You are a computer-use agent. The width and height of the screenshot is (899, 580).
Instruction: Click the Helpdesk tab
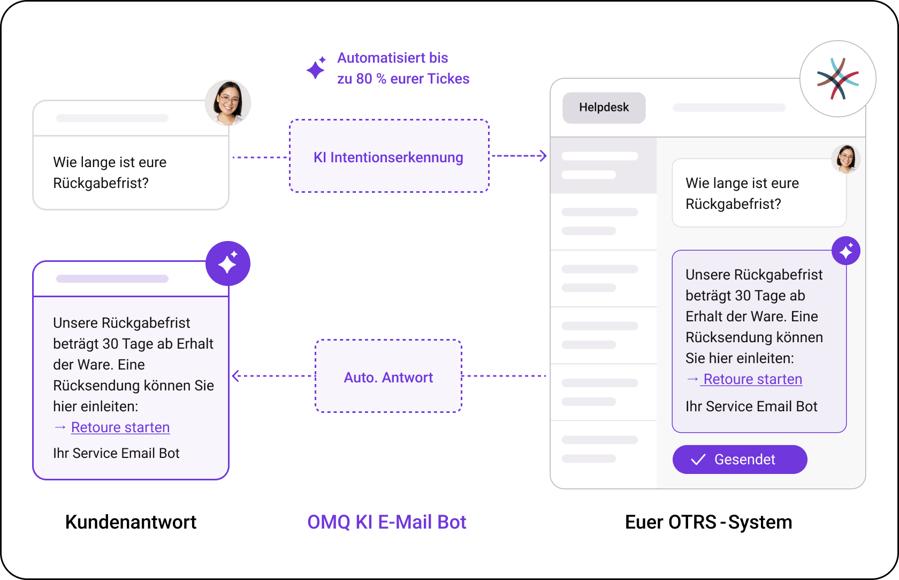pos(604,108)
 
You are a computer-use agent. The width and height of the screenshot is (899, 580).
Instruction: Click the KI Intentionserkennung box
pos(389,156)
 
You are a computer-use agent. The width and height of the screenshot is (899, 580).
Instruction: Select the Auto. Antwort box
pos(388,376)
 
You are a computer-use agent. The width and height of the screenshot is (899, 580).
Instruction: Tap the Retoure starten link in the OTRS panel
pos(752,379)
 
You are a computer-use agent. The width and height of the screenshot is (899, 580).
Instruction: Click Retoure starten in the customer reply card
pos(120,427)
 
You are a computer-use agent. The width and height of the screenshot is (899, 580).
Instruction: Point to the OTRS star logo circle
pos(837,79)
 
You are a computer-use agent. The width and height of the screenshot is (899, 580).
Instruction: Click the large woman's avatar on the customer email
pos(228,103)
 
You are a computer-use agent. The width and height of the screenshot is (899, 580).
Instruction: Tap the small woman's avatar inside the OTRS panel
pos(845,159)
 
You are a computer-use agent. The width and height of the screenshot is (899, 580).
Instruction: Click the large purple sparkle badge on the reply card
pos(228,263)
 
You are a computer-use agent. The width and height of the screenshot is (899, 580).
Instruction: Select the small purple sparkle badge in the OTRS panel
pos(846,251)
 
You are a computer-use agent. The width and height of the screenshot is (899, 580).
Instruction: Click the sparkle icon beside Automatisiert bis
pos(316,68)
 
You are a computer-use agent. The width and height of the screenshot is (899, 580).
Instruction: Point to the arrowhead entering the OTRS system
pos(543,156)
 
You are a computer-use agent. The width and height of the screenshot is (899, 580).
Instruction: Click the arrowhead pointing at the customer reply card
pos(236,376)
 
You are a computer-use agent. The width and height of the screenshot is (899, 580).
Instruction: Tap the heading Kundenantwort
pos(131,522)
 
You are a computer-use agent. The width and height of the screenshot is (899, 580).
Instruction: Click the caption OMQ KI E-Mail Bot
pos(387,522)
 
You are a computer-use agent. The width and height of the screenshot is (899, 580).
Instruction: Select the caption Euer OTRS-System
pos(708,522)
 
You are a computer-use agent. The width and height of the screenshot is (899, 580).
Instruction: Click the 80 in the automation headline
pos(364,79)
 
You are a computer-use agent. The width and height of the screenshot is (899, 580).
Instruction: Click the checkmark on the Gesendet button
pos(698,460)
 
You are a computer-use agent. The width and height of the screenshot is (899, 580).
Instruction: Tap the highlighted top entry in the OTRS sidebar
pos(604,165)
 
